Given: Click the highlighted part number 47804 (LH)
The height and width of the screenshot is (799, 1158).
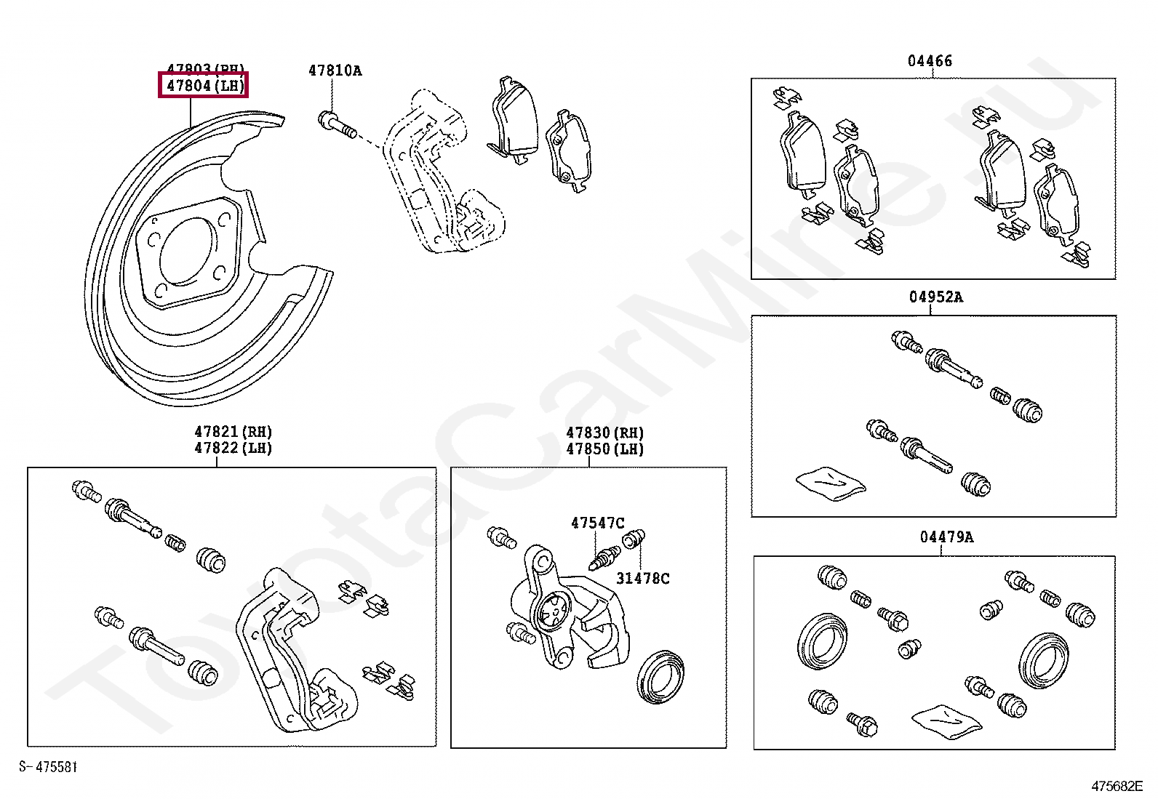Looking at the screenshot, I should (204, 86).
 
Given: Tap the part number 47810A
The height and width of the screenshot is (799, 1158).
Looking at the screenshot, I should (335, 71).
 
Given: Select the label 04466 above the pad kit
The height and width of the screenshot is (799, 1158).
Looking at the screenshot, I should (930, 61).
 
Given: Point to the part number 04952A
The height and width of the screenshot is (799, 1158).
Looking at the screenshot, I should (935, 297).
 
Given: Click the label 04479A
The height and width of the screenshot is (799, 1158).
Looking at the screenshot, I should (946, 537).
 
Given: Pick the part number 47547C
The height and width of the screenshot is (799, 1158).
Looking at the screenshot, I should (597, 523).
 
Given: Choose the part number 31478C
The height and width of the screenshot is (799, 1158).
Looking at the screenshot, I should (642, 579).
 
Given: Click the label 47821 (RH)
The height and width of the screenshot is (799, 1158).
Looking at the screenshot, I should (233, 432).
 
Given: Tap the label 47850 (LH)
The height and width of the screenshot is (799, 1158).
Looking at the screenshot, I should (605, 449).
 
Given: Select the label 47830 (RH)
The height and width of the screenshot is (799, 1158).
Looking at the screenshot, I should (605, 433).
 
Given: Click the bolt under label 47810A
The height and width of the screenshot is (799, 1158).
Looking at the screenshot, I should (336, 124).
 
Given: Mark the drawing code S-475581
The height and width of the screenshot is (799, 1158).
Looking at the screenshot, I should (48, 767).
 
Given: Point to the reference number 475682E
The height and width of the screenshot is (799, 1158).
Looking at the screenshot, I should (1117, 786).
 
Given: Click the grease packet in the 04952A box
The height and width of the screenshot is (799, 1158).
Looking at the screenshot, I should (831, 482).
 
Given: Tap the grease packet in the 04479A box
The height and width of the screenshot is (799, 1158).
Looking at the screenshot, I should (946, 720).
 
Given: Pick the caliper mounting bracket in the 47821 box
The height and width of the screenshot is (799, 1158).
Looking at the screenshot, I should (291, 654).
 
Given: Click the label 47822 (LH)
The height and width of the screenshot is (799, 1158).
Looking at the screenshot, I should (233, 449).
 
